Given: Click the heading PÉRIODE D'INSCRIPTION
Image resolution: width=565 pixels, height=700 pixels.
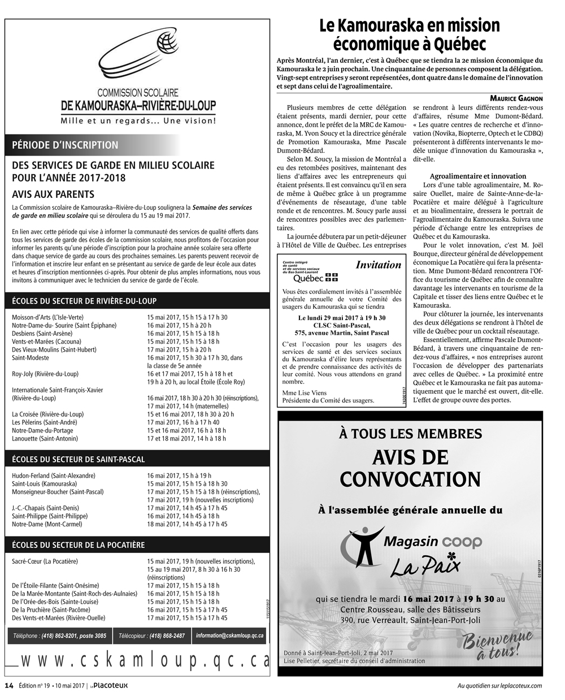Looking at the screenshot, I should point(66,145).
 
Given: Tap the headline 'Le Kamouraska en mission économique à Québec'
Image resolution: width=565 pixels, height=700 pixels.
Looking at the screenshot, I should point(410,34).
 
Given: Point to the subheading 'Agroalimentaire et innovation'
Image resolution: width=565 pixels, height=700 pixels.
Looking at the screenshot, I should point(477,176).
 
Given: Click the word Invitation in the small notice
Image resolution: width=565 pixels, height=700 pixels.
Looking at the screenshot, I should point(379,265).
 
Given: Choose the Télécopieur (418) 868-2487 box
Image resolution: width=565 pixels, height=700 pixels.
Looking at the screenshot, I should point(151,636).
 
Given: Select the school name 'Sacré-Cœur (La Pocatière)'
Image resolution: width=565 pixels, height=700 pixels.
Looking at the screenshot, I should point(45,561).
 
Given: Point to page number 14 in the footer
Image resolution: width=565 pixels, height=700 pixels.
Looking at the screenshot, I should point(9,686).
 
